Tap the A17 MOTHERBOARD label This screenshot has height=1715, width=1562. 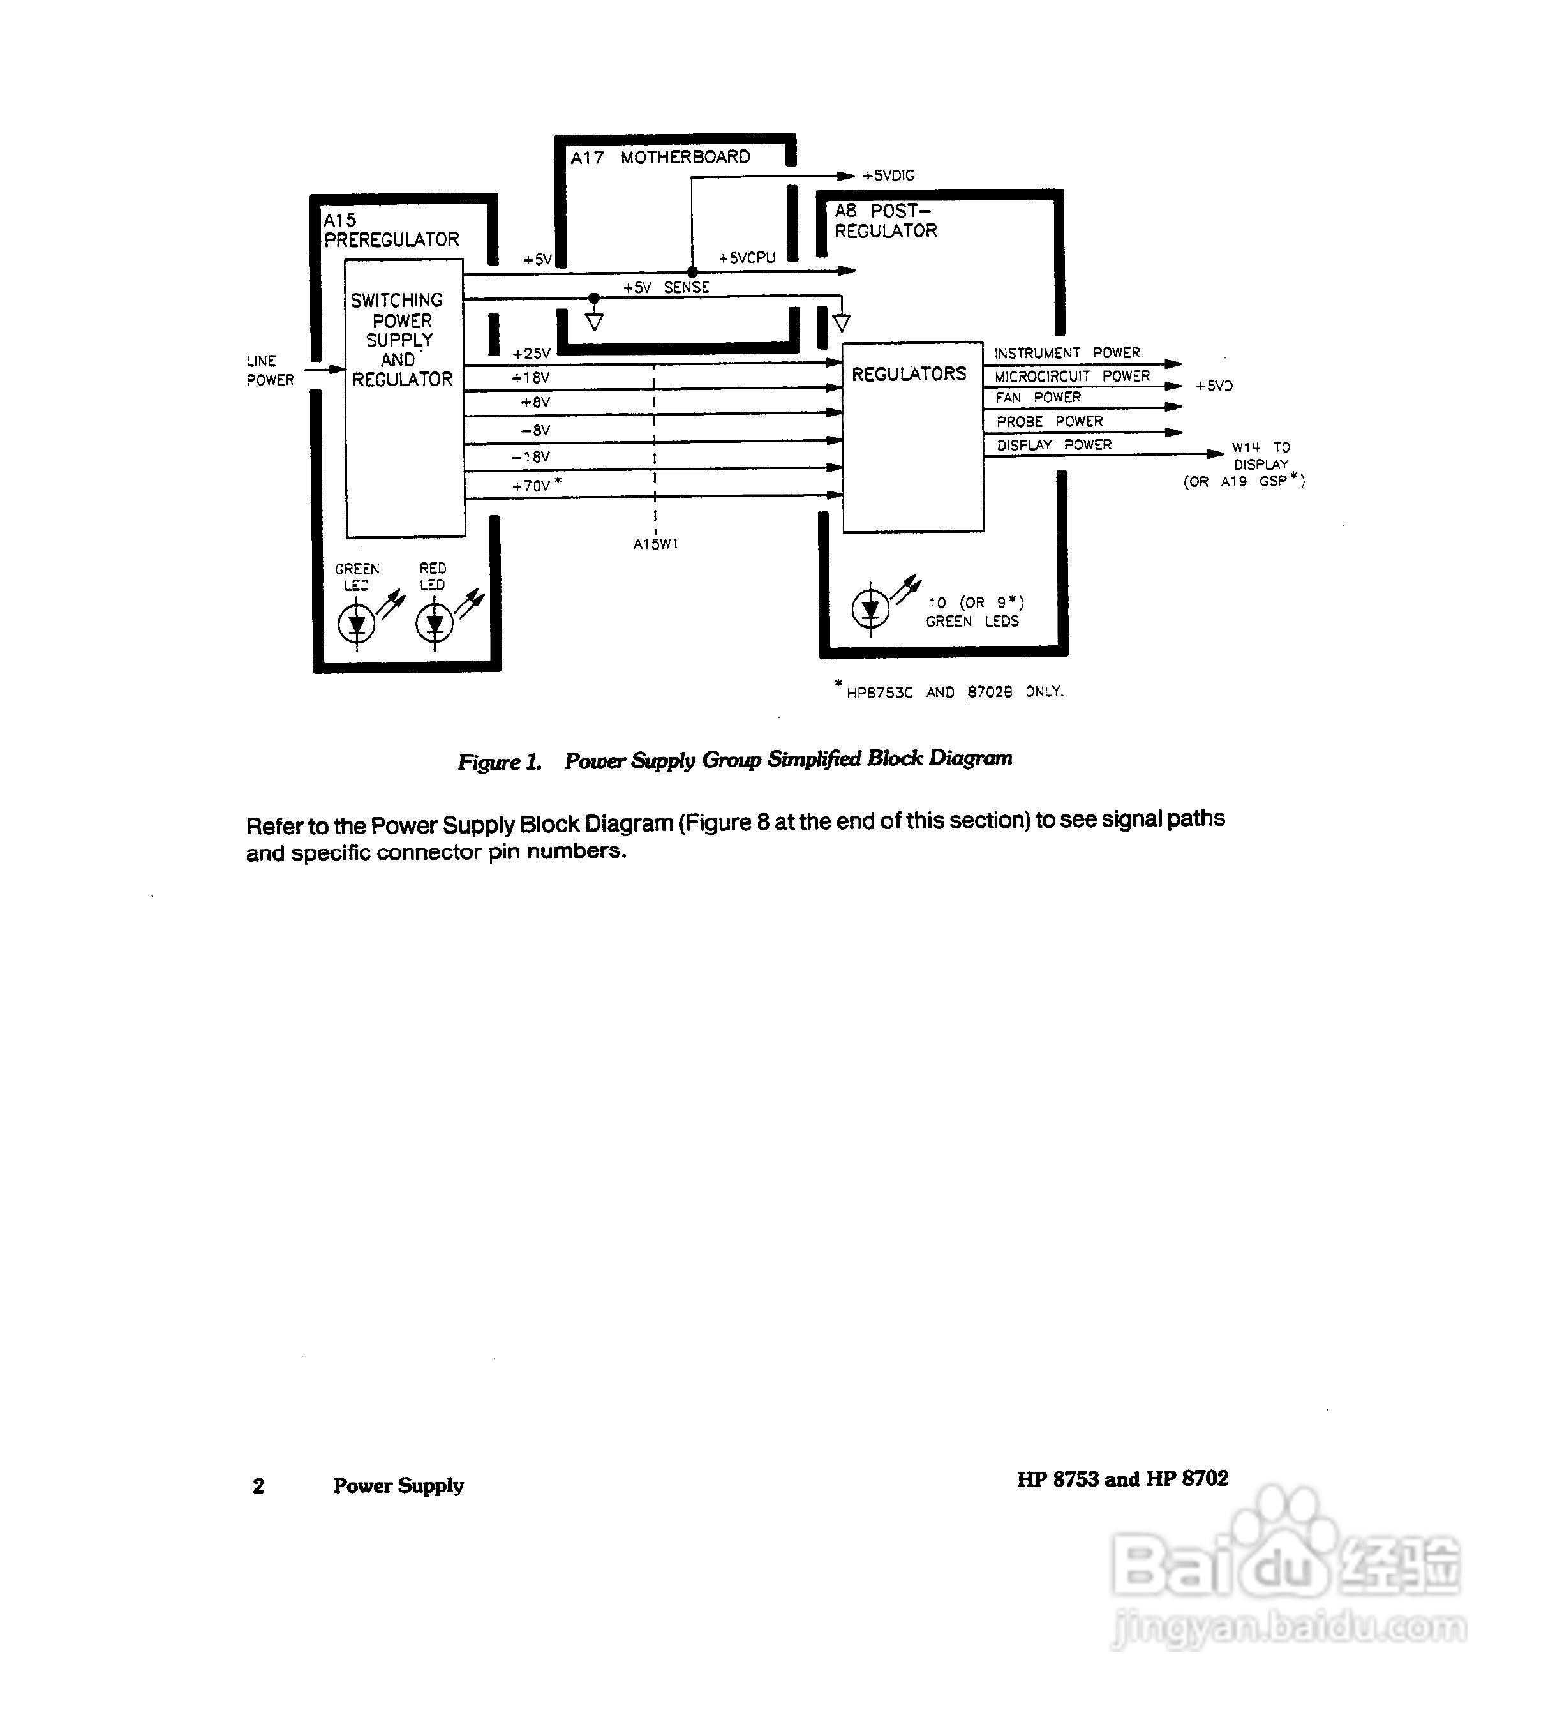tap(660, 158)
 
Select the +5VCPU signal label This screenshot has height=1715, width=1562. tap(747, 258)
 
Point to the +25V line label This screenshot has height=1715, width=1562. tap(532, 353)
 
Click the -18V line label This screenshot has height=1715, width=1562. tap(531, 457)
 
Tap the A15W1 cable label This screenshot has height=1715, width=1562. tap(655, 544)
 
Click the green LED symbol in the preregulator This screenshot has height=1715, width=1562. tap(356, 624)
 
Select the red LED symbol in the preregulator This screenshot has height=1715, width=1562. tap(435, 624)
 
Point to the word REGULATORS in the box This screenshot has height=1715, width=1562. tap(909, 374)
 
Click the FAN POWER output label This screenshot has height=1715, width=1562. tap(1038, 397)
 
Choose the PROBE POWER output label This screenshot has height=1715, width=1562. tap(1049, 421)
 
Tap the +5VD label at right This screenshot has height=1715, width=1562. tap(1214, 386)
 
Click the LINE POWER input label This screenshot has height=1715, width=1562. tap(269, 371)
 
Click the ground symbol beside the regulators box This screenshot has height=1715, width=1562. tap(841, 322)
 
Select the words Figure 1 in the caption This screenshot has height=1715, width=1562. tap(499, 761)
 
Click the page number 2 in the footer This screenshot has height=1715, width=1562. tap(258, 1486)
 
